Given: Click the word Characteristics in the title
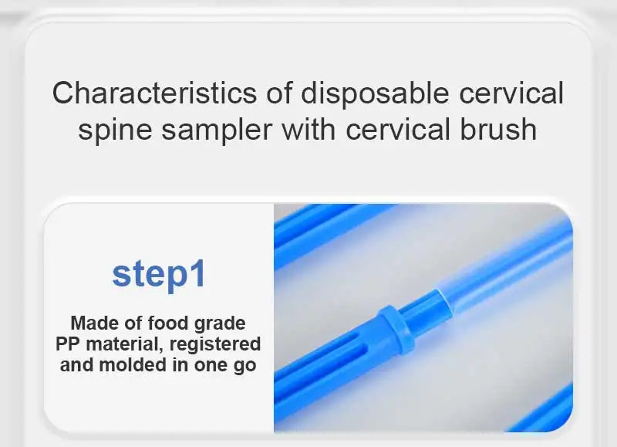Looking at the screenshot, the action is tap(155, 93).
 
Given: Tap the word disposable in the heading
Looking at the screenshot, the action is tap(375, 93).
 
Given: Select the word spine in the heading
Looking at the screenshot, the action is tap(115, 130).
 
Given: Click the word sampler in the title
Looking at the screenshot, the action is tap(217, 130).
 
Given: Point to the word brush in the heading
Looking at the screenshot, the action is tap(498, 129).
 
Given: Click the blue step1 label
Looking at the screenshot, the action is tap(159, 274).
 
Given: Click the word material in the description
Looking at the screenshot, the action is tap(124, 344).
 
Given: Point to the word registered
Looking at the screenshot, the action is tap(215, 344).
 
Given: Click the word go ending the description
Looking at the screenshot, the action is tap(244, 366).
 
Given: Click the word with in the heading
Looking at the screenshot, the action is tap(309, 129).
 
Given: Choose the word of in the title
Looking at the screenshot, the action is tap(279, 93).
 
